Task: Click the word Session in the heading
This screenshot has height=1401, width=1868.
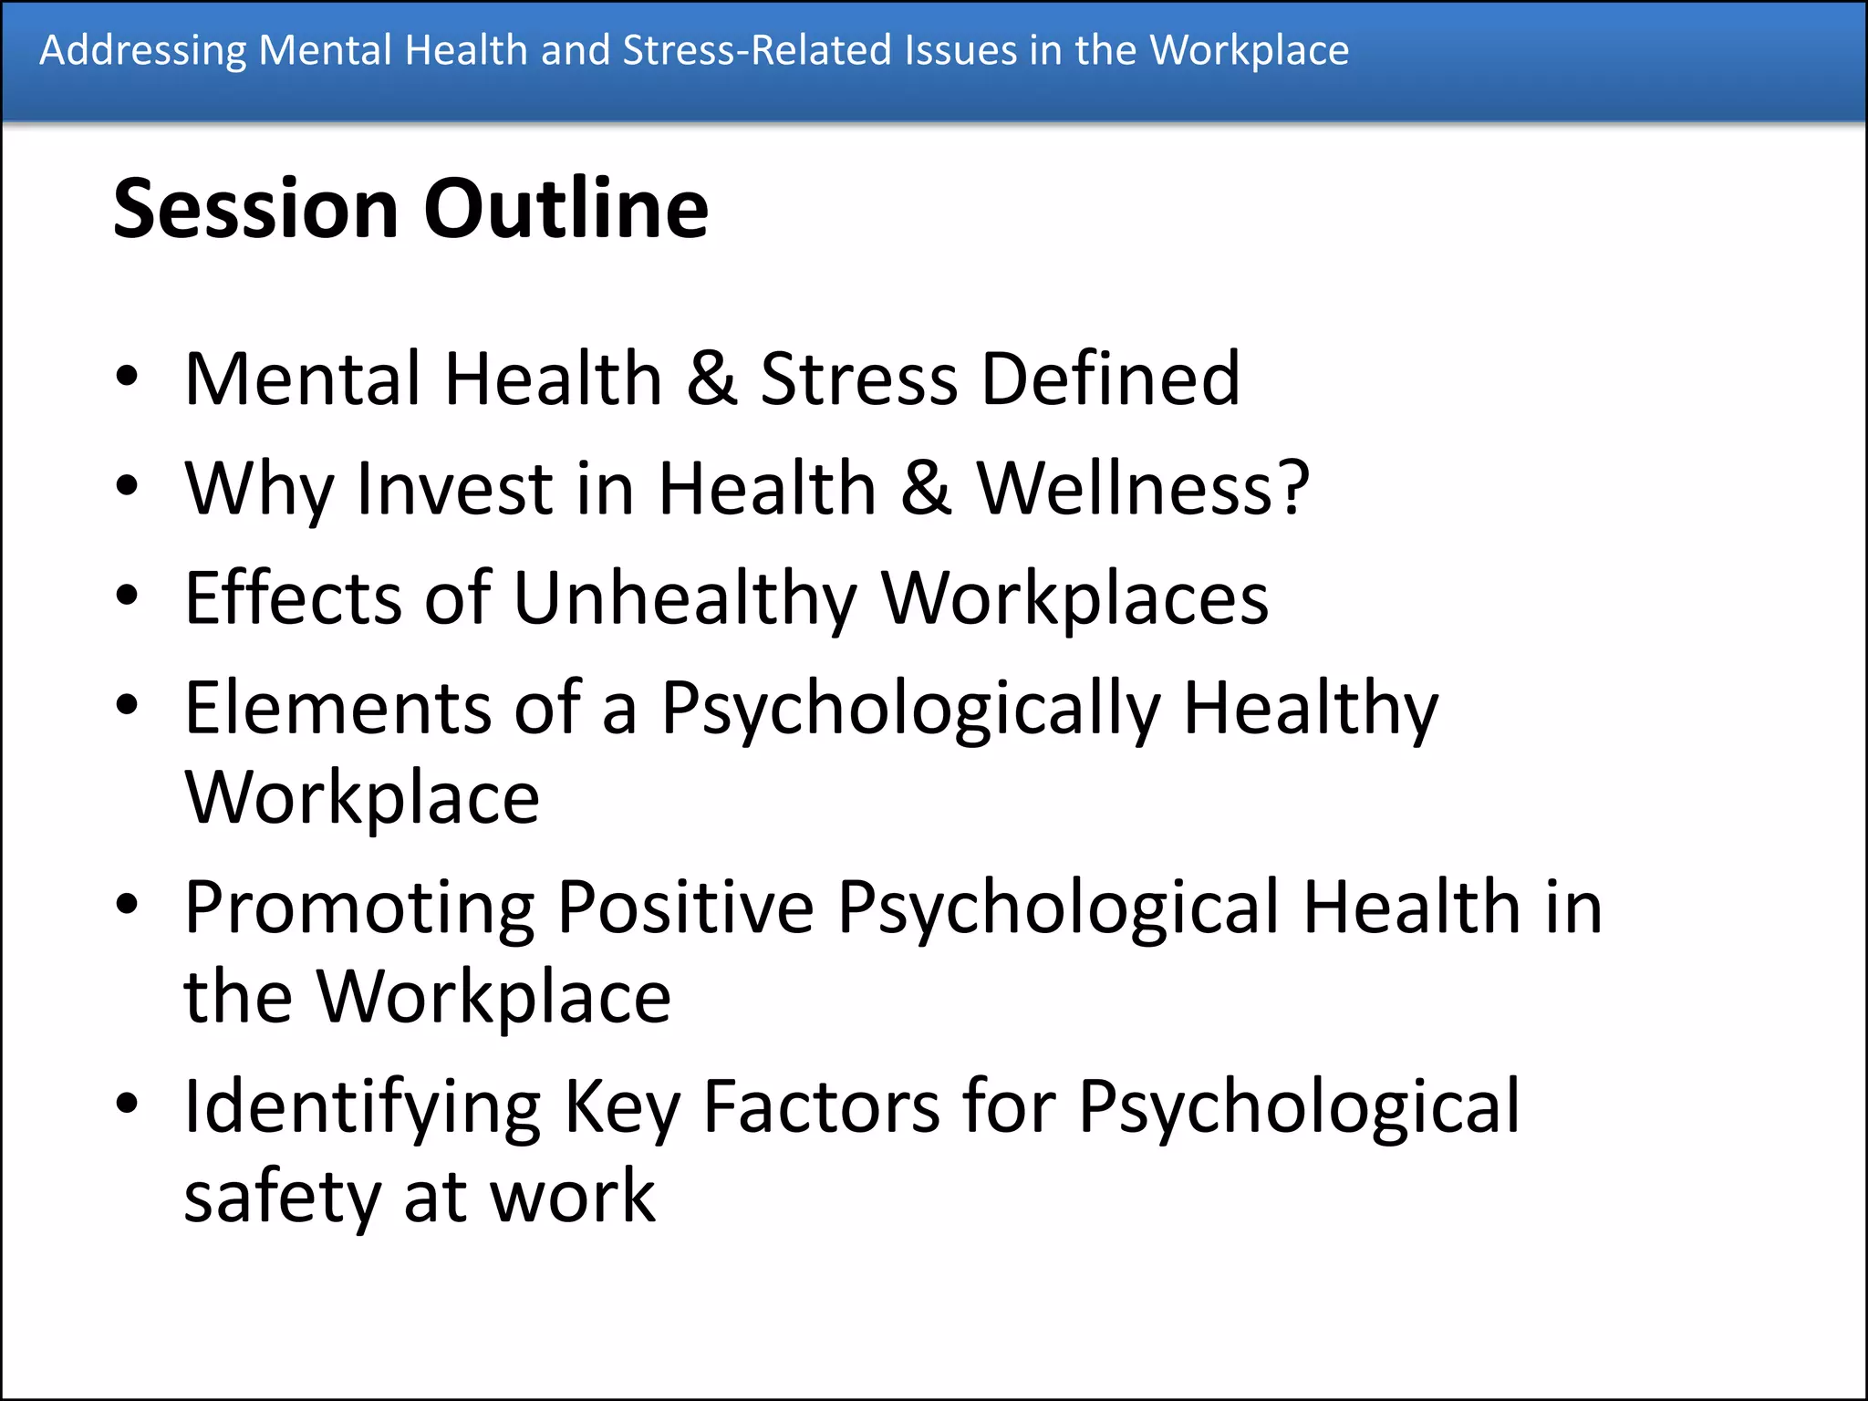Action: click(256, 209)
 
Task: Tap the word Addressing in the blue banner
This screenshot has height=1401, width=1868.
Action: click(143, 50)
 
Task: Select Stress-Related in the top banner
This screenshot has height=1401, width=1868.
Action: click(757, 50)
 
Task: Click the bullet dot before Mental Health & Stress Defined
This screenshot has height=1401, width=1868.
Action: click(127, 378)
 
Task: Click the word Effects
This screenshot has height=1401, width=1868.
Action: click(293, 597)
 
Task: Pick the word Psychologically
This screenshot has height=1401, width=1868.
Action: click(910, 710)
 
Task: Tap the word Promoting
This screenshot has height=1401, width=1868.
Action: click(359, 908)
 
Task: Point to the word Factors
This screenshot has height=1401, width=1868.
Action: click(822, 1106)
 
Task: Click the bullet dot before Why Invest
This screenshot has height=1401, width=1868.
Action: click(127, 487)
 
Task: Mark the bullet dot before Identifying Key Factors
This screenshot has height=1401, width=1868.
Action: click(127, 1105)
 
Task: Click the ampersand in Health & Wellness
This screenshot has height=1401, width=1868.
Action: click(926, 488)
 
